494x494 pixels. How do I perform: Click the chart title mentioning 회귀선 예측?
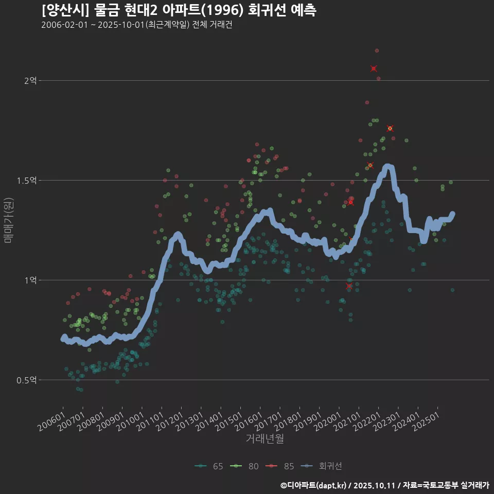click(x=179, y=10)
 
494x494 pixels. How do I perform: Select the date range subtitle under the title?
click(x=136, y=25)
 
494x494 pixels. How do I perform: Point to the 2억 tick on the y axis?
click(x=30, y=81)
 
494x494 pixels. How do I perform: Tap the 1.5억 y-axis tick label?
click(x=27, y=181)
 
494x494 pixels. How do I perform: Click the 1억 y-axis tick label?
click(x=30, y=280)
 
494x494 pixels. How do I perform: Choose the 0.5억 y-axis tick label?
click(x=27, y=380)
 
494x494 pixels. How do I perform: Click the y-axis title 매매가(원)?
click(x=8, y=220)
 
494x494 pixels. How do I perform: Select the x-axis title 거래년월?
click(x=264, y=438)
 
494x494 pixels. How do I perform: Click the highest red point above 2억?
click(x=377, y=50)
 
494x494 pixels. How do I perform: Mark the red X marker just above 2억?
click(x=374, y=68)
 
